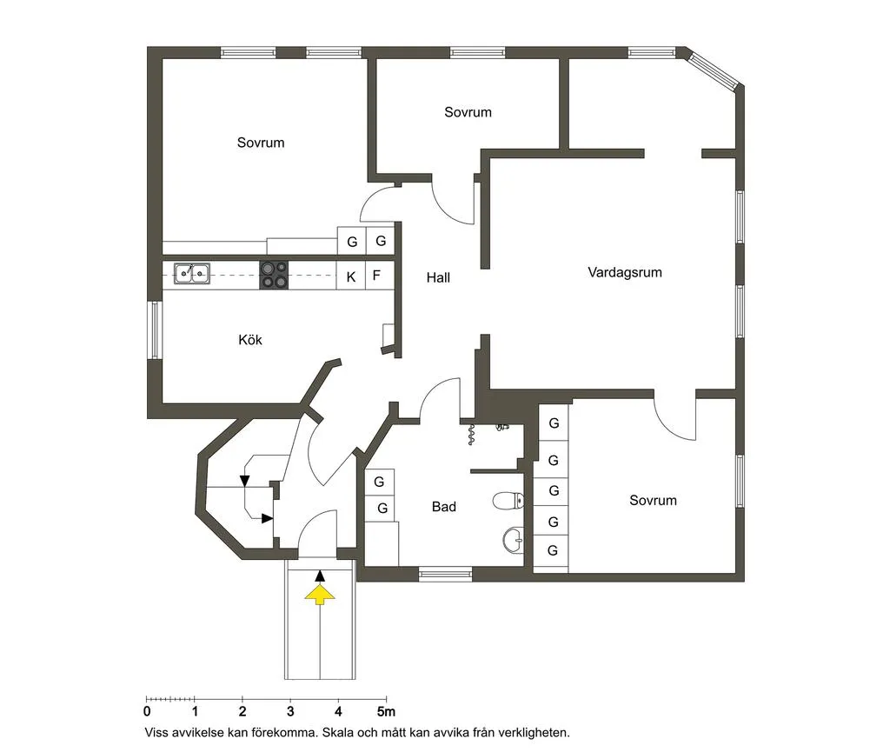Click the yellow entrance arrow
coord(320,594)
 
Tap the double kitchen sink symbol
coord(191,274)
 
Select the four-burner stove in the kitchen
coord(274,276)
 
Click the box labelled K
coord(351,276)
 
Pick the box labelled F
coord(377,276)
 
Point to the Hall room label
coord(438,278)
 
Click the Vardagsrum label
coord(624,272)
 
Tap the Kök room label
coord(250,340)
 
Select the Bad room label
coord(443,507)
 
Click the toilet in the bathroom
coord(508,500)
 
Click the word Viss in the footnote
coord(161,733)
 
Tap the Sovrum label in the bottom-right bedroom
coord(653,501)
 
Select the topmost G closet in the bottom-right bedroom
coord(553,424)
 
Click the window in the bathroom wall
coord(445,573)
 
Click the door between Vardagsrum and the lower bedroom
coord(675,417)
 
